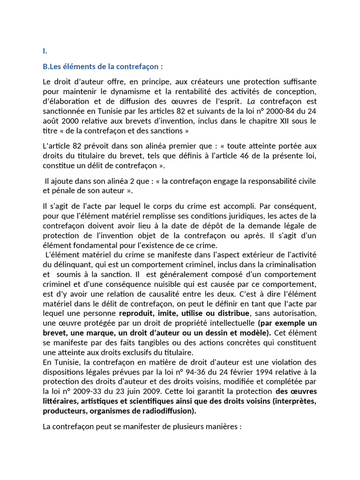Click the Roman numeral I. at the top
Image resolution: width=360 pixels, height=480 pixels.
(x=45, y=51)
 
